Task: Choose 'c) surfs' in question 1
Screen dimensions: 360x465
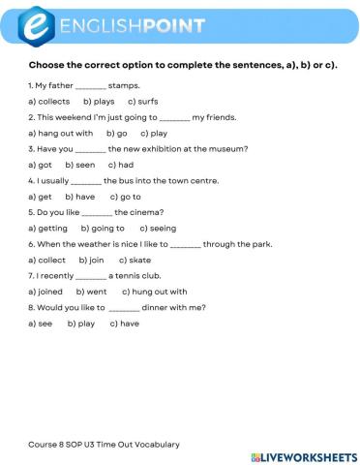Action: (145, 101)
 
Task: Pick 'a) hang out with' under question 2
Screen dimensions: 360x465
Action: (60, 133)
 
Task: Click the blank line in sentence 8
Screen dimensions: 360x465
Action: (125, 308)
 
